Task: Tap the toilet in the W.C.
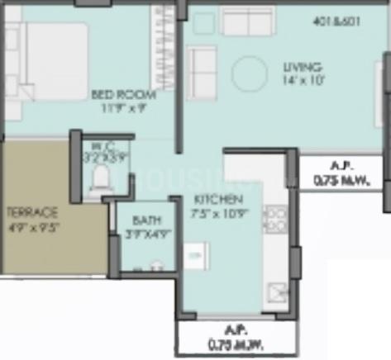(101, 176)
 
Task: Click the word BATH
(142, 220)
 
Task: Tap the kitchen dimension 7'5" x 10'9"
(217, 212)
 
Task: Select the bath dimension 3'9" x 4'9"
(142, 233)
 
